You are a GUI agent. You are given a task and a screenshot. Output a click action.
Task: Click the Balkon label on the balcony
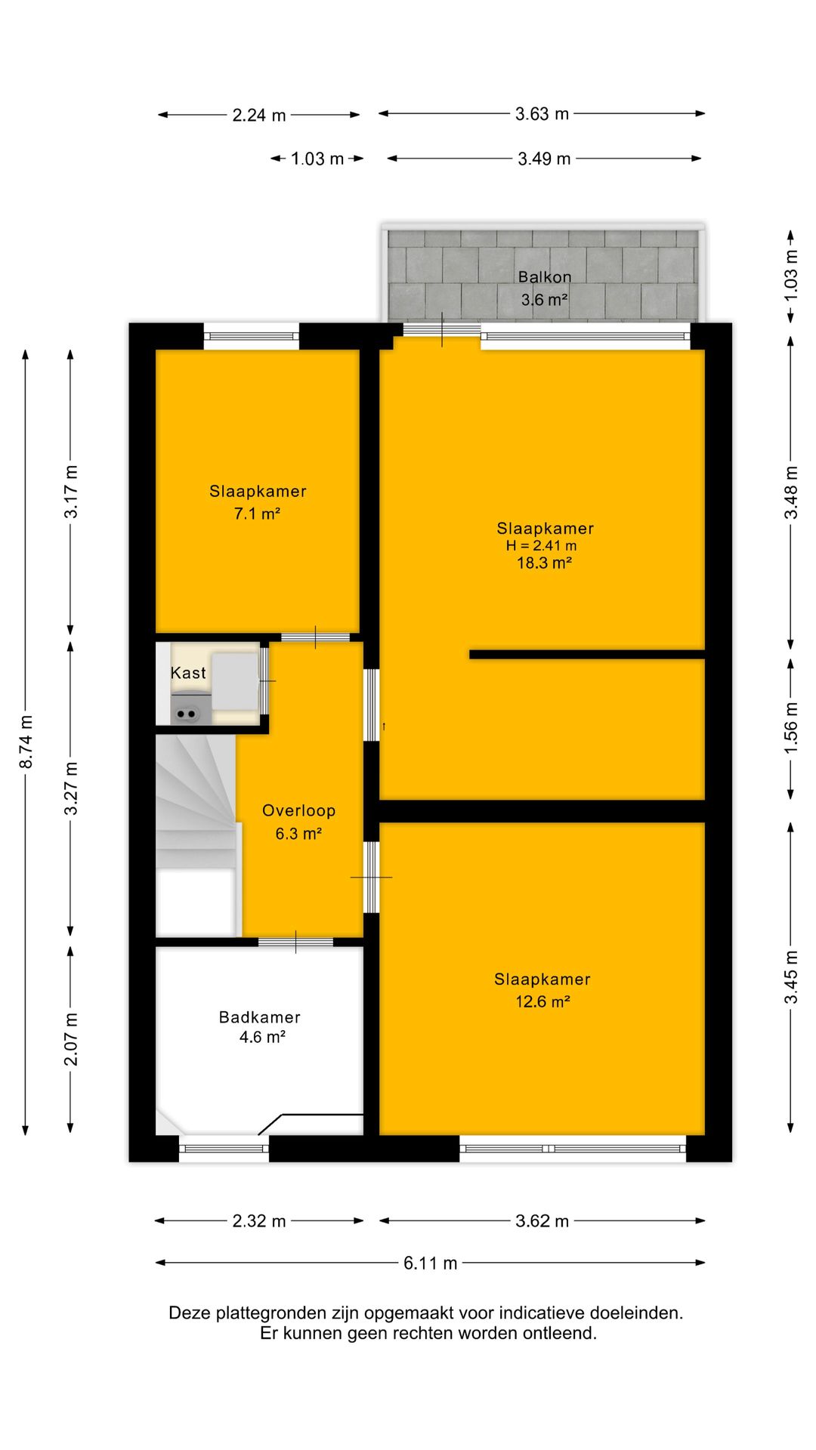(545, 277)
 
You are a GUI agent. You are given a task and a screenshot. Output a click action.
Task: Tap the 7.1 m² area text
(257, 514)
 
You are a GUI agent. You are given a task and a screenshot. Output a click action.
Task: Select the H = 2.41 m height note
(541, 545)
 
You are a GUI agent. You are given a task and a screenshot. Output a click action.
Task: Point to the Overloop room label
(298, 811)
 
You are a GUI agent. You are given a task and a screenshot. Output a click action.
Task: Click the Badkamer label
(260, 1017)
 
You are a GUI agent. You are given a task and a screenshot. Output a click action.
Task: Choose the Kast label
(188, 673)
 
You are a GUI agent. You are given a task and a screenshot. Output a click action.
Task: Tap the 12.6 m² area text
(542, 1001)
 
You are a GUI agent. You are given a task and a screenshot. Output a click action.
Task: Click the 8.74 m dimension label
(26, 742)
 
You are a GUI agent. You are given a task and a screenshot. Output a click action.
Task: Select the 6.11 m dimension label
(430, 1263)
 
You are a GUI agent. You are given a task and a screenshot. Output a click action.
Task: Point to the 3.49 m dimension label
(544, 159)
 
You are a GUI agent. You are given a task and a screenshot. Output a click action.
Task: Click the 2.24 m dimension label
(259, 116)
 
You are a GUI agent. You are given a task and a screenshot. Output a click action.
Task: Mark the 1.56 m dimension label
(790, 727)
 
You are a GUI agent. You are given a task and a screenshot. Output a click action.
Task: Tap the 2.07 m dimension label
(71, 1040)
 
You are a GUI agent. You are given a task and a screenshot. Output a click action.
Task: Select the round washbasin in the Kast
(186, 712)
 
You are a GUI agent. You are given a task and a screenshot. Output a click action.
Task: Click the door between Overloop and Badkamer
(295, 942)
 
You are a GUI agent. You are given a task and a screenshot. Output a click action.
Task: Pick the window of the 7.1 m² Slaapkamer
(252, 336)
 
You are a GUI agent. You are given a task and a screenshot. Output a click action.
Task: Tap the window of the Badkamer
(224, 1149)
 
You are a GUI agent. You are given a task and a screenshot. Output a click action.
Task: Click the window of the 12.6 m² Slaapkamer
(573, 1149)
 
